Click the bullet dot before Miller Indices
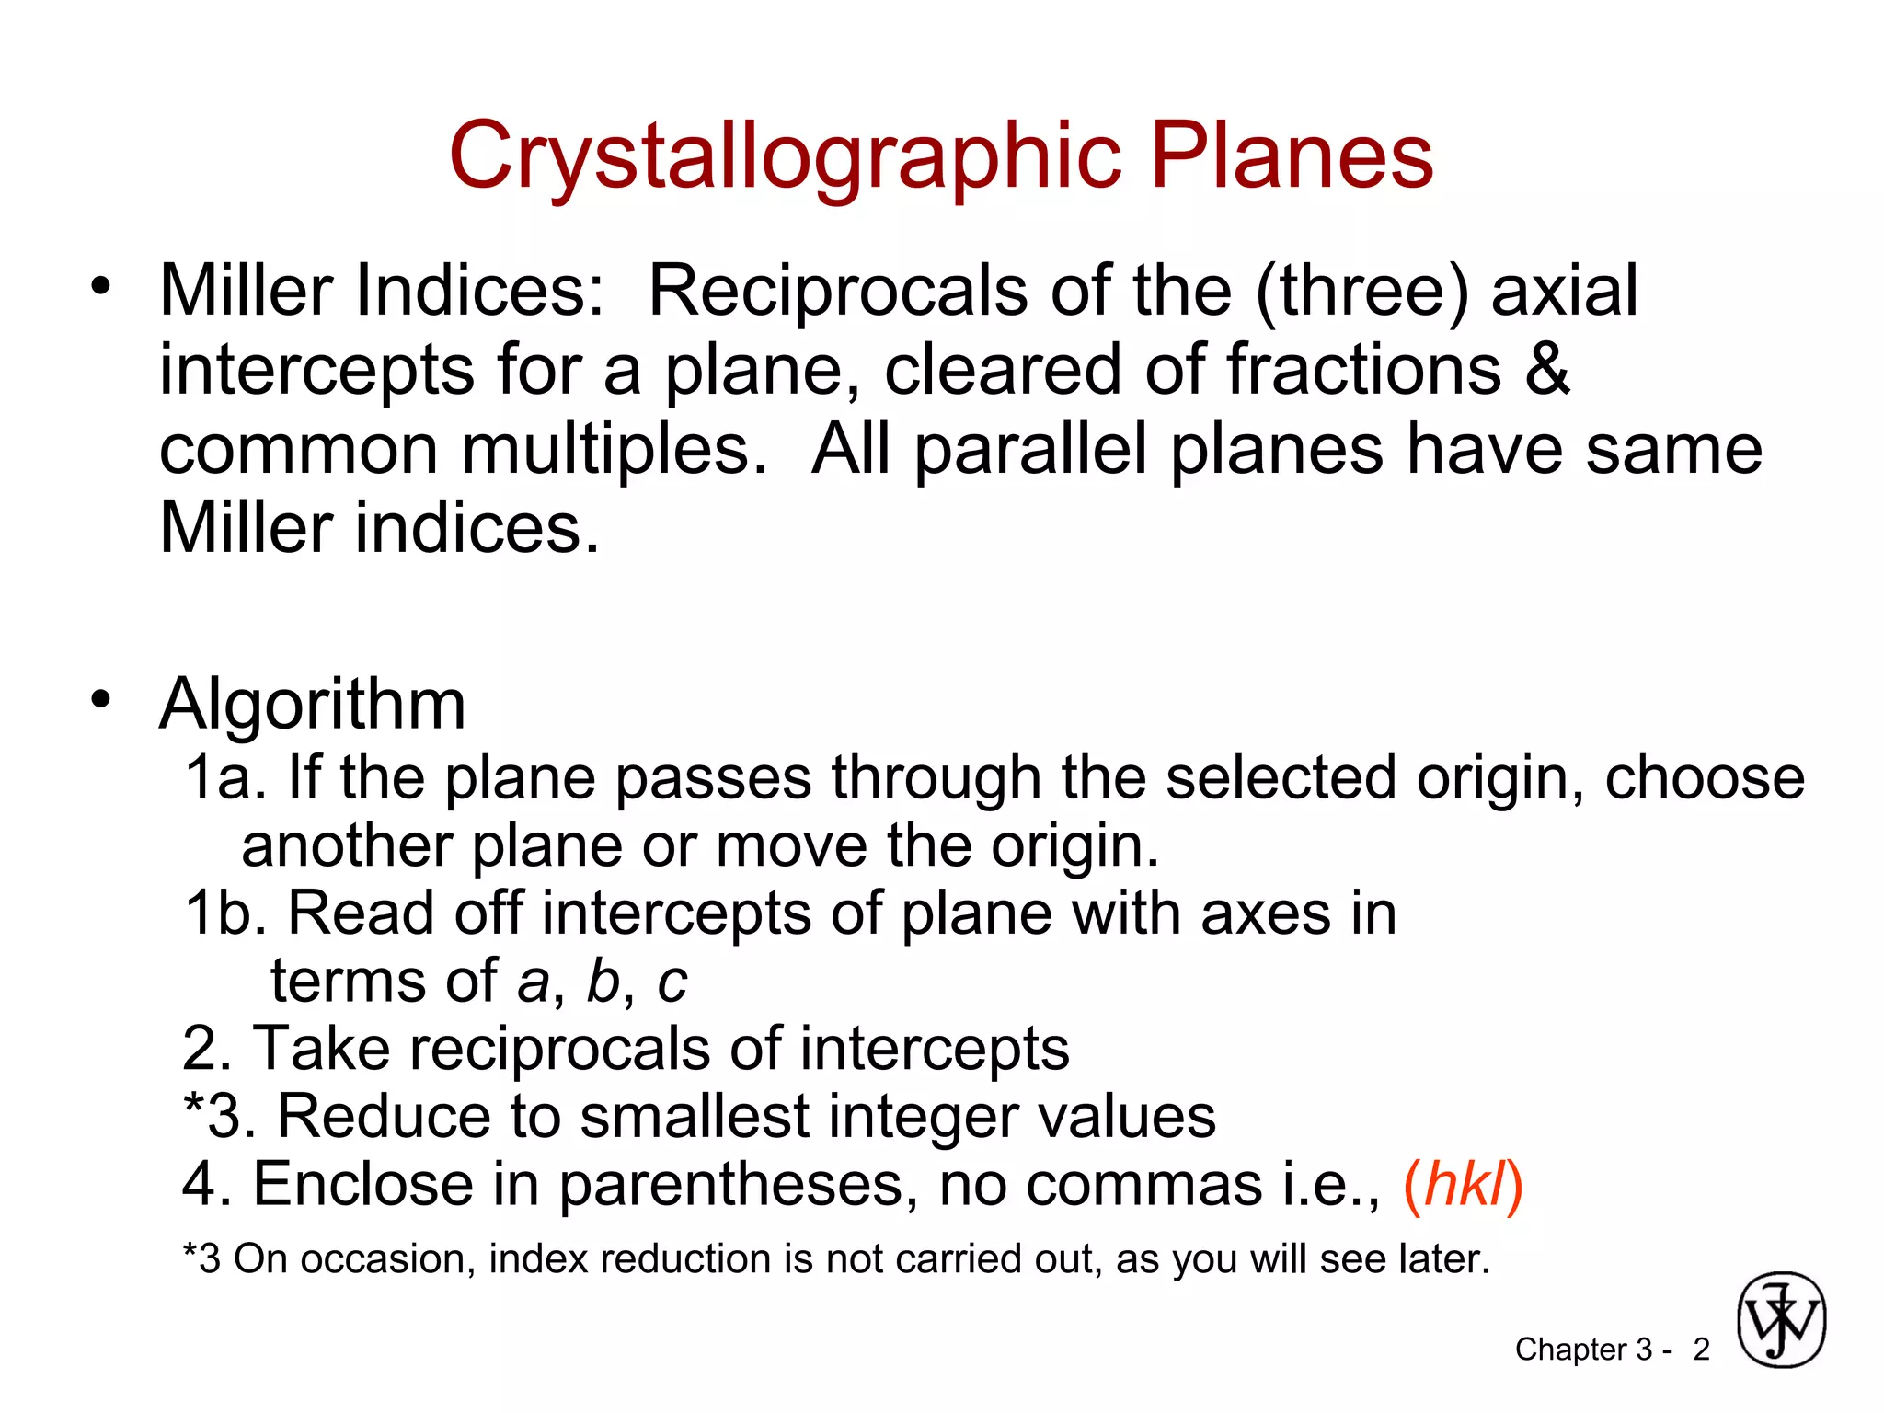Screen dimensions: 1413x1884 click(x=100, y=285)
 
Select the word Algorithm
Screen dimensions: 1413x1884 click(x=313, y=705)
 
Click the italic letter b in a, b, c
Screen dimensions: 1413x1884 click(x=603, y=981)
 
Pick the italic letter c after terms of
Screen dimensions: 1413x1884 click(x=672, y=982)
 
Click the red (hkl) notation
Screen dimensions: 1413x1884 click(x=1463, y=1185)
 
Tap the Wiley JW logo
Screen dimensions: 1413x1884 click(x=1781, y=1320)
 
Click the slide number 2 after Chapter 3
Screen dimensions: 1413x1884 click(x=1701, y=1350)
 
